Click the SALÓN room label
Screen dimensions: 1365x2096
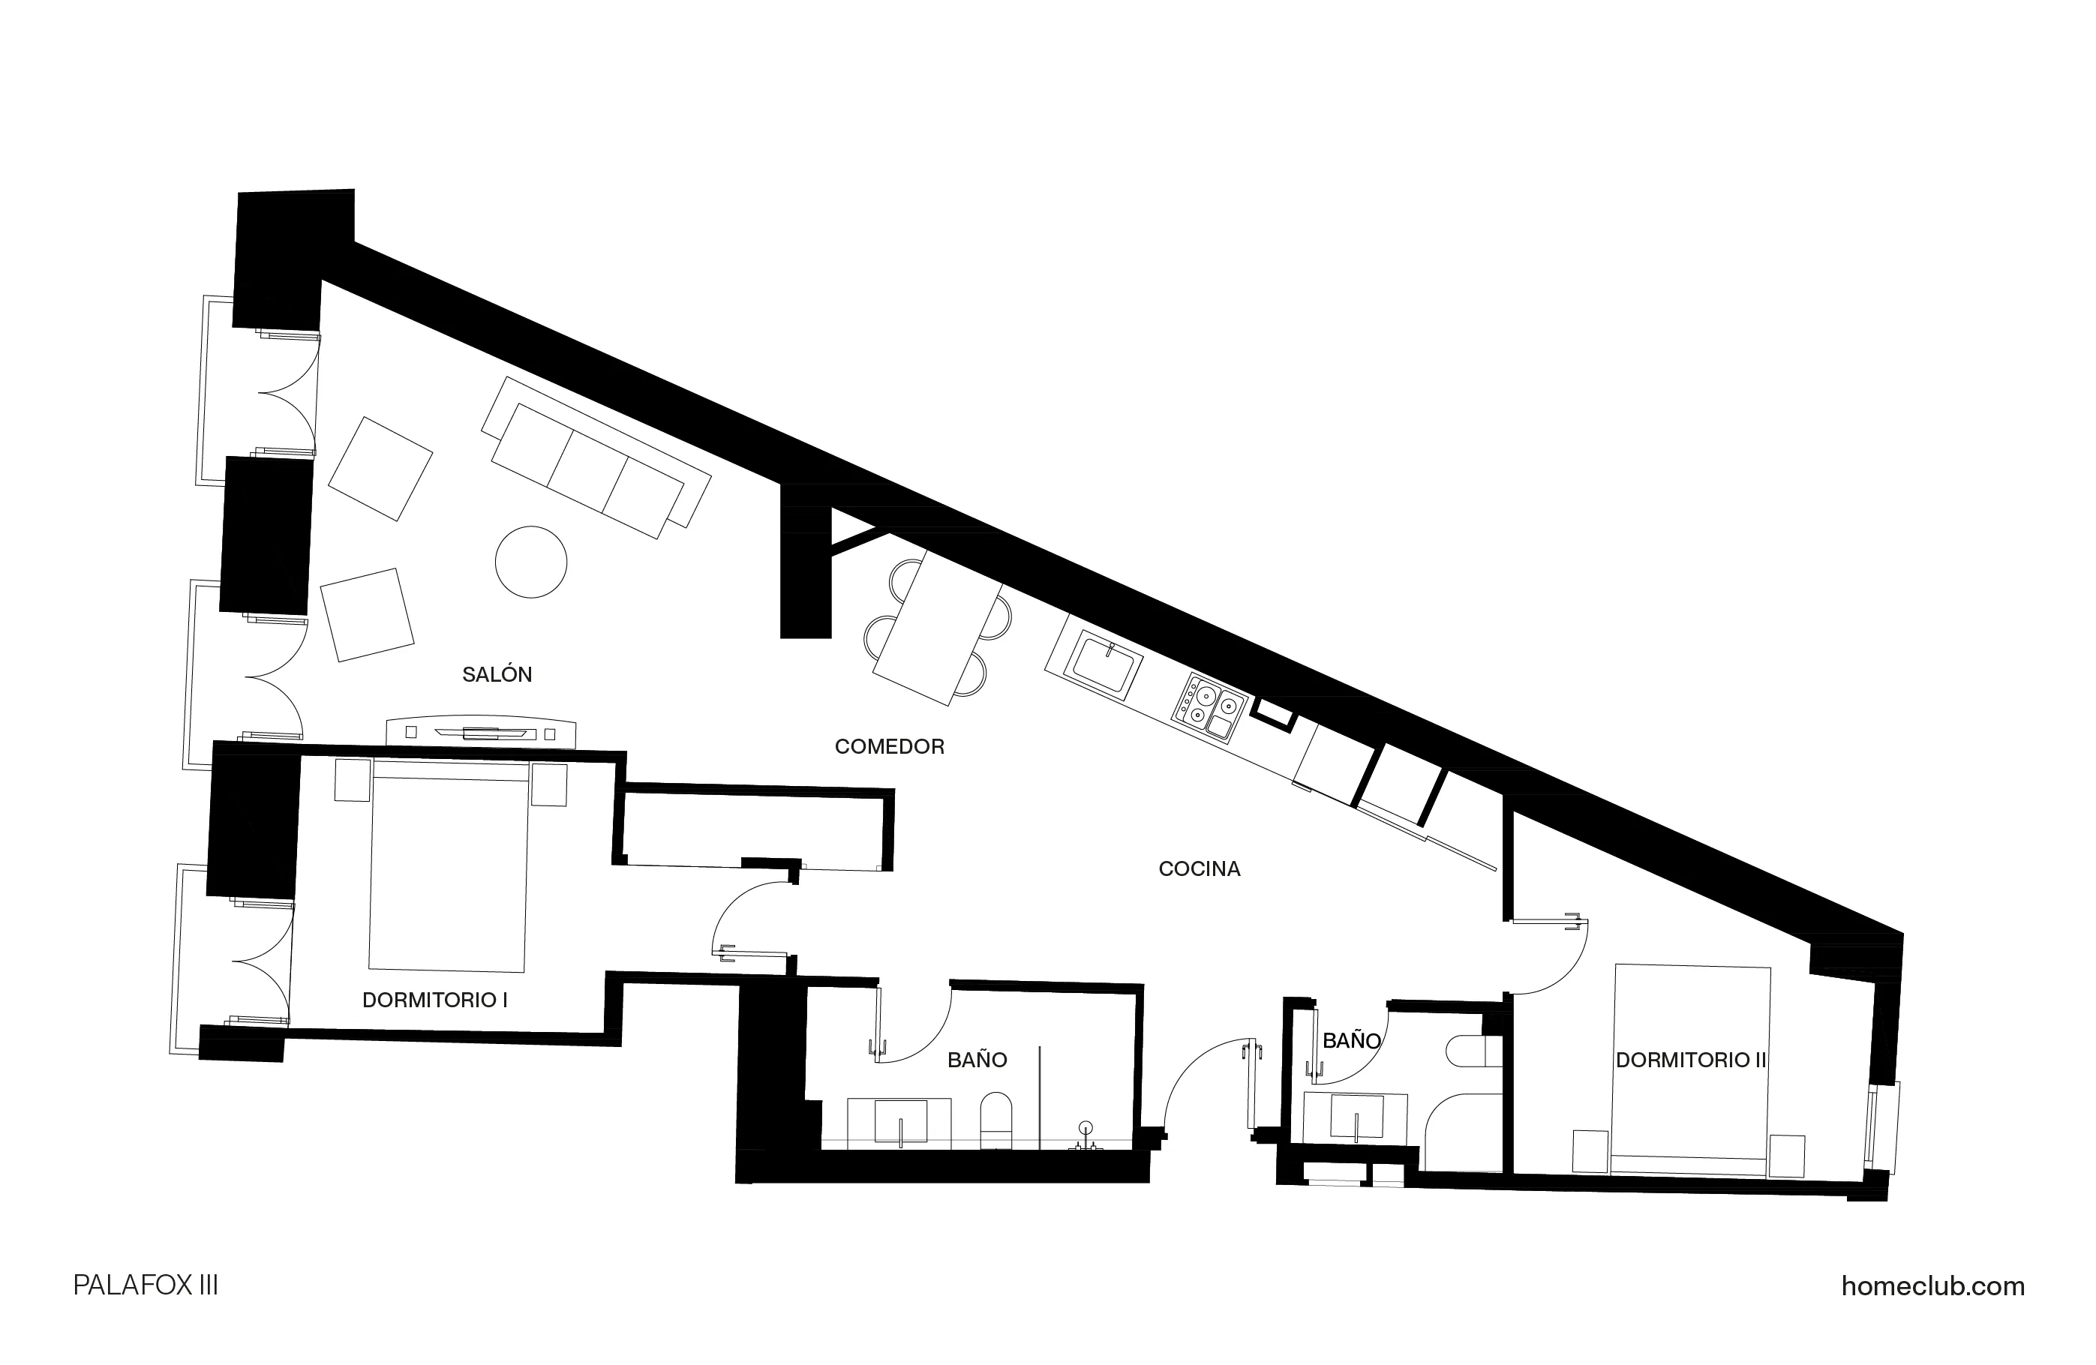[x=497, y=674]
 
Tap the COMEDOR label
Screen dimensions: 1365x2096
[x=890, y=747]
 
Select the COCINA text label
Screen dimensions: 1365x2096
[x=1200, y=869]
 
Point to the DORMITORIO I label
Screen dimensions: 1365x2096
[x=435, y=1000]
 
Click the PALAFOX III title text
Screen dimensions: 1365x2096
[x=146, y=1285]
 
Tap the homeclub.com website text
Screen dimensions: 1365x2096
[x=1932, y=1285]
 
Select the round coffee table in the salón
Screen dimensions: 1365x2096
[x=531, y=562]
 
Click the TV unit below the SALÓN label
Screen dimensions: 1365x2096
[x=481, y=733]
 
